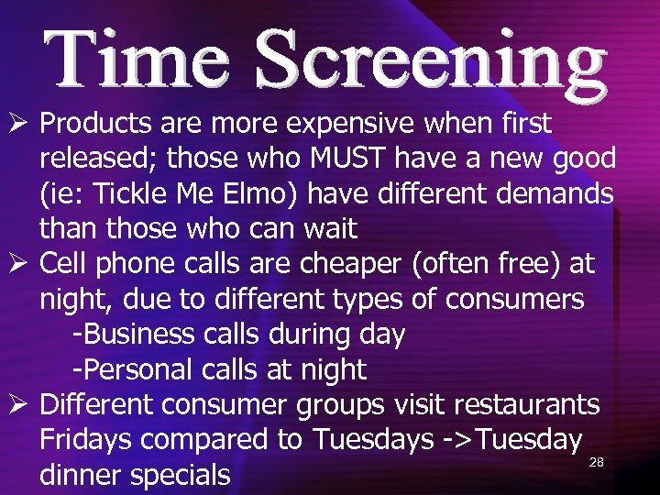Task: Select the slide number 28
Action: (x=596, y=463)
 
